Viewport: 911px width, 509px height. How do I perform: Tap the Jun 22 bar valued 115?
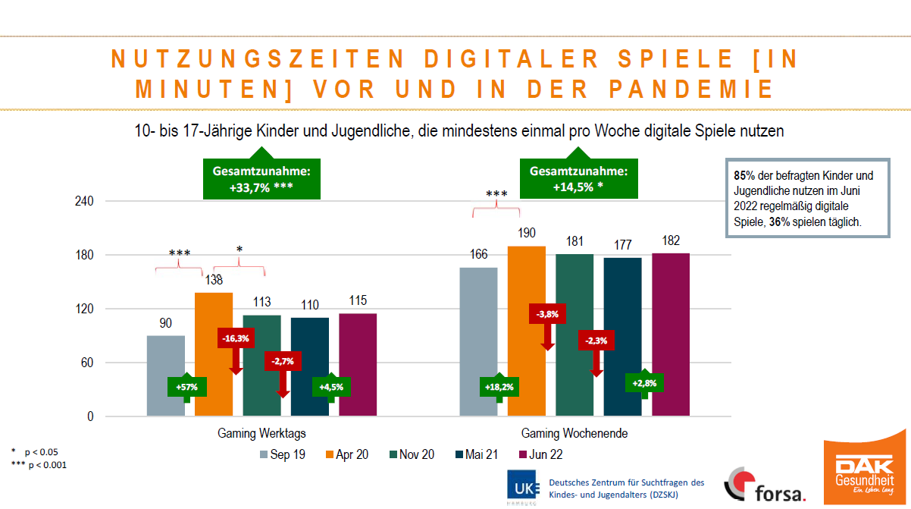click(358, 365)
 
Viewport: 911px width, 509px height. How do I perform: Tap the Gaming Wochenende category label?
click(574, 433)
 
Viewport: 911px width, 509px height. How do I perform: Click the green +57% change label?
click(186, 387)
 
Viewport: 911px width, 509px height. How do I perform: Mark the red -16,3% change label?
click(236, 338)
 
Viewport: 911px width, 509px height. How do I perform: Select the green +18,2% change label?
click(499, 387)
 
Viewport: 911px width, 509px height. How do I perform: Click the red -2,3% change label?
click(596, 341)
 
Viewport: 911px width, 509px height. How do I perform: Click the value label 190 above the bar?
click(527, 233)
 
